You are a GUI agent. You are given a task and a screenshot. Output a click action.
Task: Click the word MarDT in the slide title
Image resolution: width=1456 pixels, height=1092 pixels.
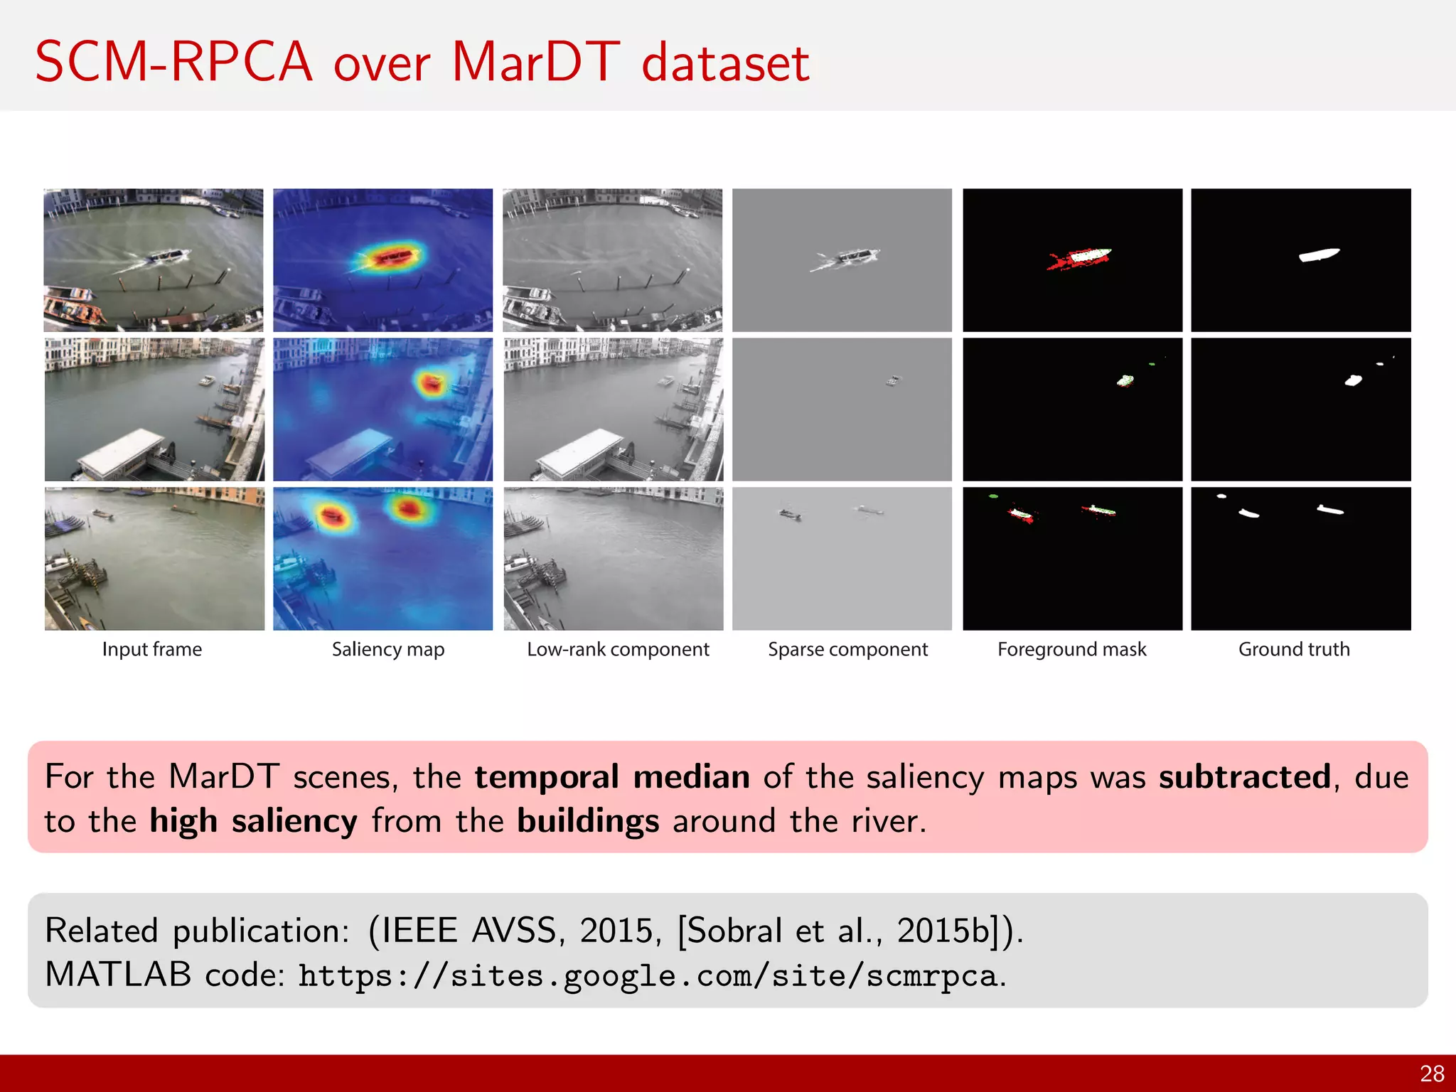click(536, 63)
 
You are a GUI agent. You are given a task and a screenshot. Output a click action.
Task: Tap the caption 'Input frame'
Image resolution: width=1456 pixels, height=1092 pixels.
click(152, 649)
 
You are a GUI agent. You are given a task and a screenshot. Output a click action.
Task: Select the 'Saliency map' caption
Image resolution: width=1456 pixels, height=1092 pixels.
click(388, 649)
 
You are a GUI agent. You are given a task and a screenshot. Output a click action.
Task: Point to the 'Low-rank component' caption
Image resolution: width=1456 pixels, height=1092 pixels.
click(618, 649)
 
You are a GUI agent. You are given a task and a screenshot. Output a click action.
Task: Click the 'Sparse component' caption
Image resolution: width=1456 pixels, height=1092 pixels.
click(847, 649)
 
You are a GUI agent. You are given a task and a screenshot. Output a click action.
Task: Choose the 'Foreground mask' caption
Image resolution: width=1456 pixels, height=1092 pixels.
click(1072, 649)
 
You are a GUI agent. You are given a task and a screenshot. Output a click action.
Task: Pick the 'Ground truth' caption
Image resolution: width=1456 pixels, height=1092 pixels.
click(1294, 649)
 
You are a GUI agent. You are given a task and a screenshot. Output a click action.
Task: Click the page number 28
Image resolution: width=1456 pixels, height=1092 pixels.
click(1432, 1074)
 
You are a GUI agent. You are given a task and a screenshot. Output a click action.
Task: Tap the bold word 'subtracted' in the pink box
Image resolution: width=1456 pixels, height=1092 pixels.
click(1244, 776)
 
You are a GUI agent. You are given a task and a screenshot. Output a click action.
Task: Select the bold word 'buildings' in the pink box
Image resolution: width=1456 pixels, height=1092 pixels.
click(588, 821)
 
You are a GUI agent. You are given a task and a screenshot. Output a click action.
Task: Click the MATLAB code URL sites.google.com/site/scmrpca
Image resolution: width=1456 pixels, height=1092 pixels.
click(647, 975)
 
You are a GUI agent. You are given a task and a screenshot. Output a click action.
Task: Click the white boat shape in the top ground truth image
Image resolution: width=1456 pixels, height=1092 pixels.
click(1319, 255)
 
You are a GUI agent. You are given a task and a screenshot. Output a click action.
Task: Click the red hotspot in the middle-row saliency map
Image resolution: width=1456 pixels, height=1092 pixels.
click(431, 384)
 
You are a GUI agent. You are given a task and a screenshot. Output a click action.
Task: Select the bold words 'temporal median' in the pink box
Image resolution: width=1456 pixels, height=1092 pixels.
click(612, 776)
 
